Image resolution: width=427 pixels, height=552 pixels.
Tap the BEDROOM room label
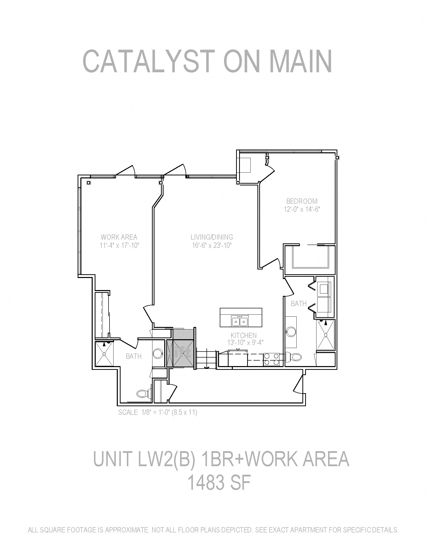point(301,201)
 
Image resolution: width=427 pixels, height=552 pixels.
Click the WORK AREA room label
point(119,237)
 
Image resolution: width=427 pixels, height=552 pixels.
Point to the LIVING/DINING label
point(212,237)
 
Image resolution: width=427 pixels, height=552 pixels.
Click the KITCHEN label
point(243,335)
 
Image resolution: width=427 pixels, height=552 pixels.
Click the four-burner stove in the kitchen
point(272,359)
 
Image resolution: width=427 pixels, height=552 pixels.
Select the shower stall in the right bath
point(325,334)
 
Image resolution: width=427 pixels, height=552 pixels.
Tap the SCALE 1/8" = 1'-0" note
point(157,412)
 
